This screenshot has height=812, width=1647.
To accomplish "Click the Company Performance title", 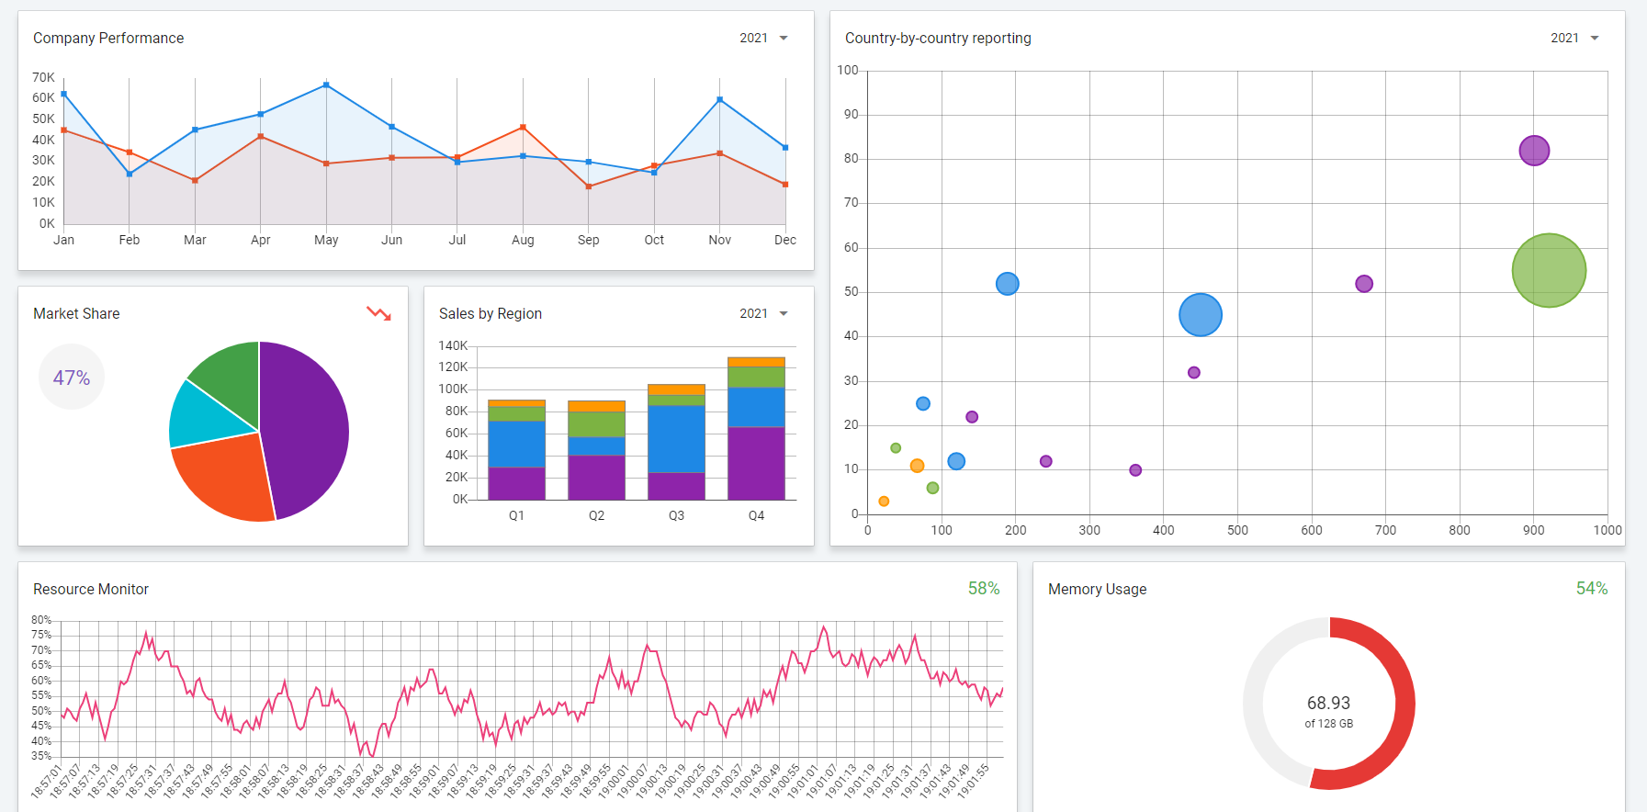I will click(108, 39).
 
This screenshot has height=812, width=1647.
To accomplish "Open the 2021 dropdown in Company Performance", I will click(764, 39).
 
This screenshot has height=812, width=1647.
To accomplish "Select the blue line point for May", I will click(326, 85).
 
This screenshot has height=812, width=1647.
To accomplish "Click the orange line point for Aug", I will click(523, 127).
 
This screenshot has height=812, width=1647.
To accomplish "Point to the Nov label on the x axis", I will click(719, 241).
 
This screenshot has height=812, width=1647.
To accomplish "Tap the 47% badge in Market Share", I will click(72, 378).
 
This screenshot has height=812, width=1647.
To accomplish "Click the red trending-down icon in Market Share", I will click(378, 313).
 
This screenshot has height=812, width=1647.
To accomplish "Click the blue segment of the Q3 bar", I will click(676, 438).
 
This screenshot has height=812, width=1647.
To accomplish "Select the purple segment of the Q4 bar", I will click(756, 463).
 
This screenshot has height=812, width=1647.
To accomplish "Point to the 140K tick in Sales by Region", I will click(453, 346).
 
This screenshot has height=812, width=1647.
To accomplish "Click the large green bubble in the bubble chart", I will click(1549, 270).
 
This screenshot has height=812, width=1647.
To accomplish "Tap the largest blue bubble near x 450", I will click(1200, 315).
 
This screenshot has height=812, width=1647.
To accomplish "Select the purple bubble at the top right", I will click(1534, 151).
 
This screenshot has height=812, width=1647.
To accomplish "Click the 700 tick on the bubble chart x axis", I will click(1385, 531).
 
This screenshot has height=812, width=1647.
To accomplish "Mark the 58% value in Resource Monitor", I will click(983, 589).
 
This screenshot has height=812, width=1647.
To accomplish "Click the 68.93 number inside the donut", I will click(1328, 704).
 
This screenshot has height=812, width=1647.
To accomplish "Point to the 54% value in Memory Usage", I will click(1591, 589).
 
